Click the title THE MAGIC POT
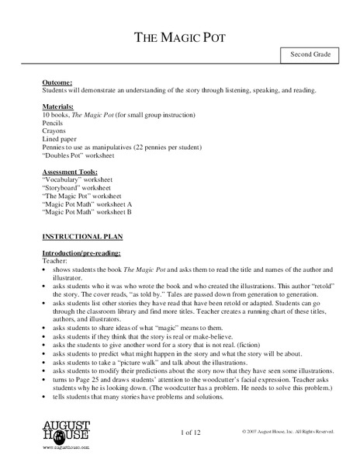click(180, 37)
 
